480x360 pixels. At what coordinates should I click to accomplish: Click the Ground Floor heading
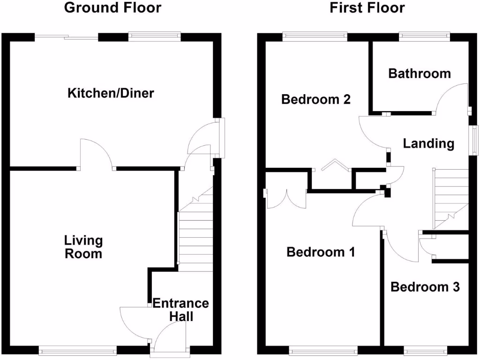click(112, 8)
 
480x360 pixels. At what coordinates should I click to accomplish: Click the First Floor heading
click(367, 8)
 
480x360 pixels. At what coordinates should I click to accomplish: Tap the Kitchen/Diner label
click(111, 93)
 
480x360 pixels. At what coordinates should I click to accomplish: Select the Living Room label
click(83, 247)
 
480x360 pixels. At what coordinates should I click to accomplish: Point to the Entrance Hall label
click(181, 310)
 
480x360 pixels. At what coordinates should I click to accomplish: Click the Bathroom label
click(420, 74)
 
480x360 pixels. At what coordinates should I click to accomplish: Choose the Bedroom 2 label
click(315, 99)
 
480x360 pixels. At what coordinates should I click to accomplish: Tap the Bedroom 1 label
click(320, 252)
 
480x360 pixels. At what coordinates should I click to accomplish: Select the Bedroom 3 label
click(425, 286)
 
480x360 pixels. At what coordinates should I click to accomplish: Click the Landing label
click(428, 143)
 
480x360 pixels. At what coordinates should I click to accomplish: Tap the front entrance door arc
click(170, 338)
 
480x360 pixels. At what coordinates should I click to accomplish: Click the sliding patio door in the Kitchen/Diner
click(66, 36)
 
